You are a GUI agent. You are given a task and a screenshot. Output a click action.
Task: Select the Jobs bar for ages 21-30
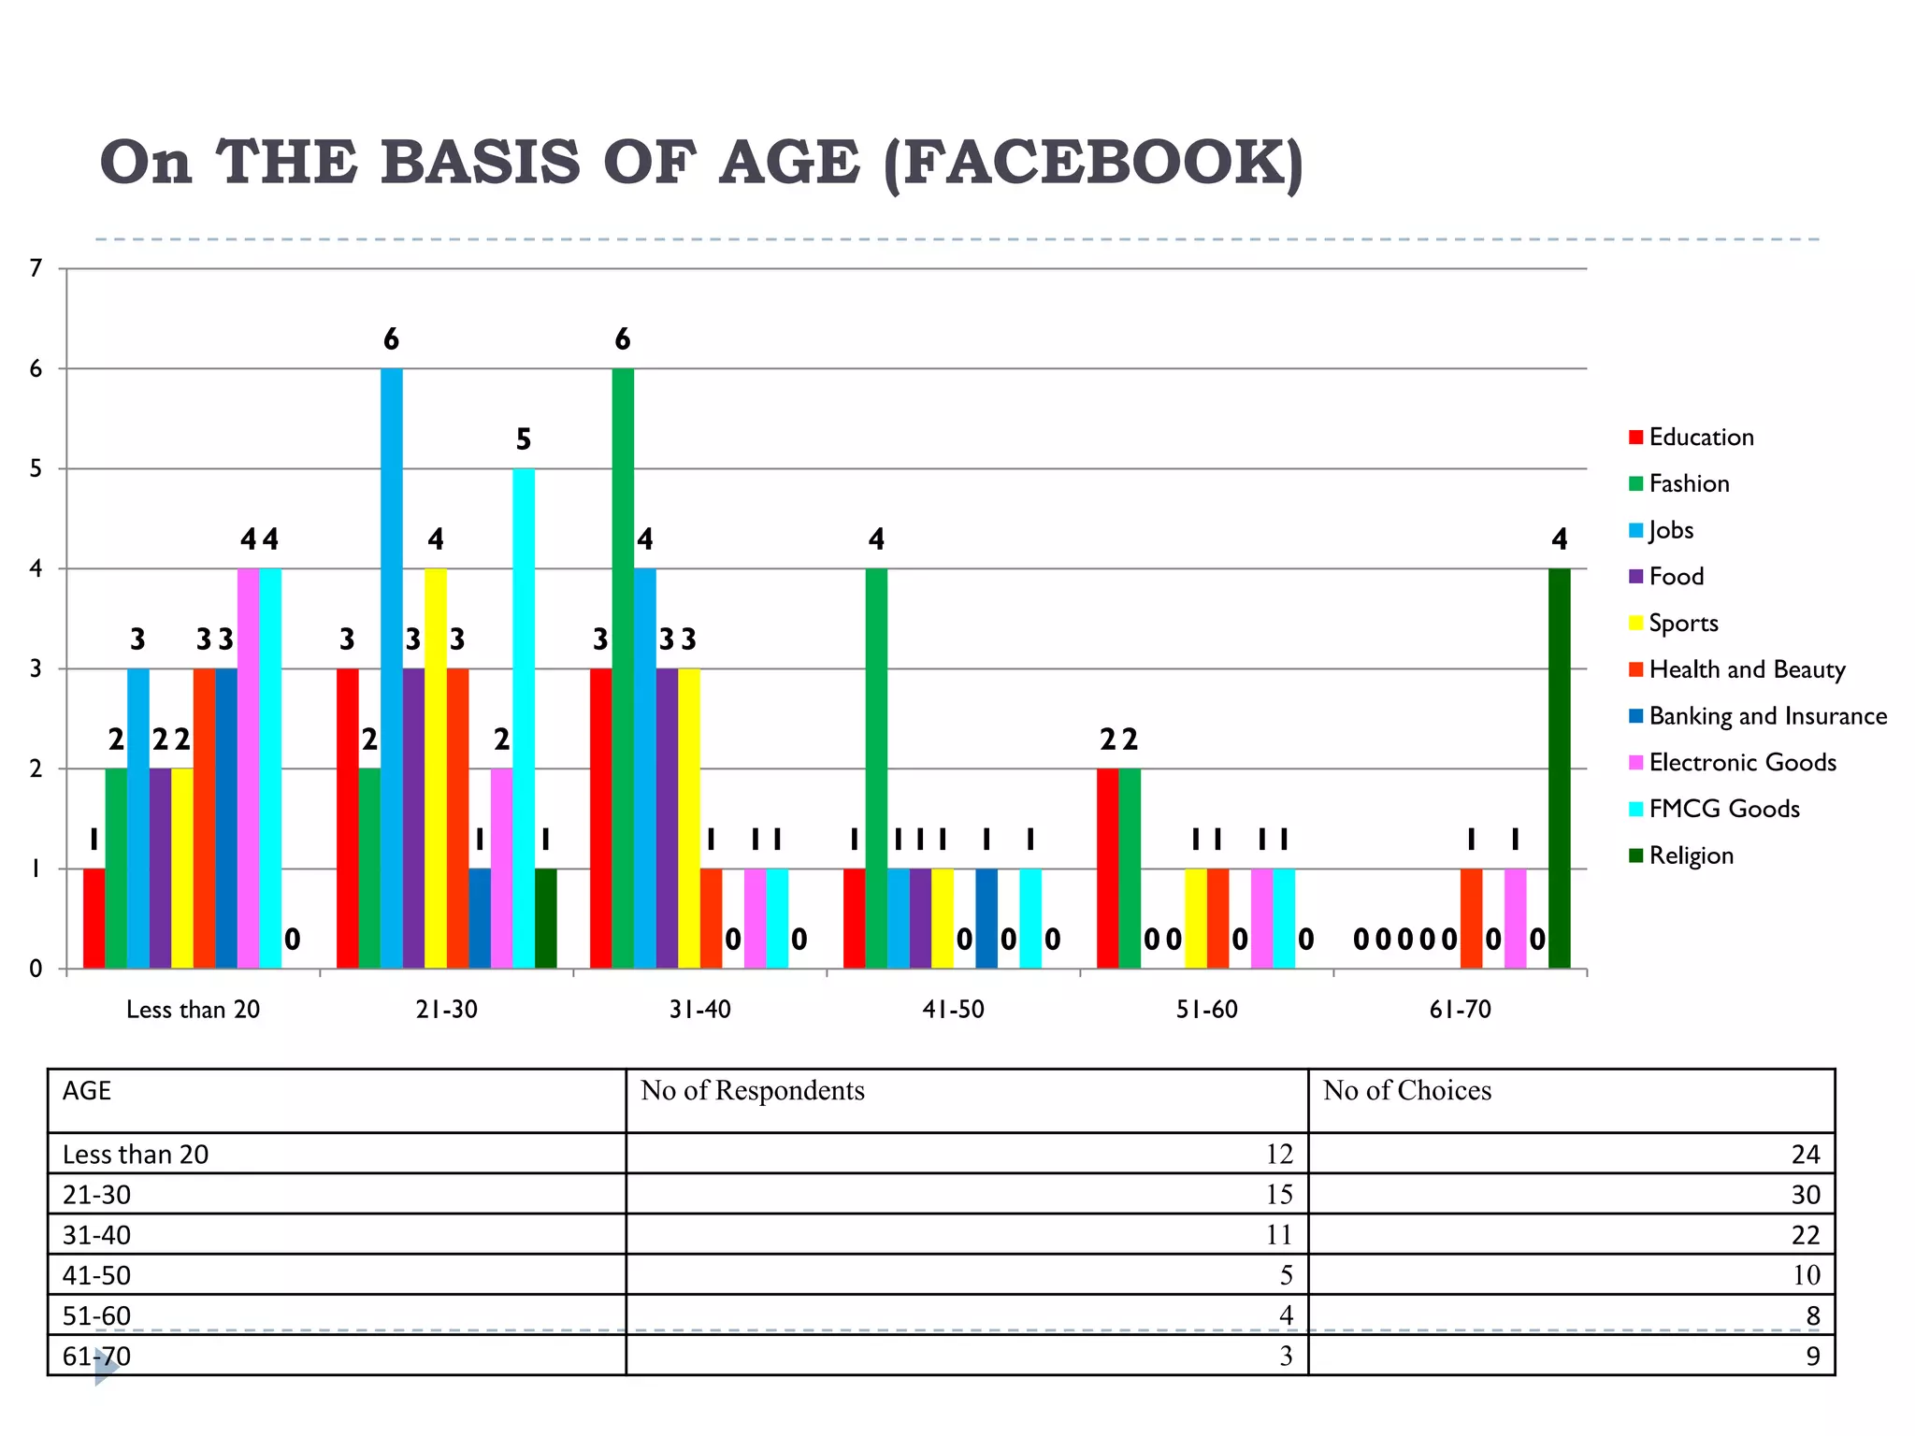[x=392, y=668]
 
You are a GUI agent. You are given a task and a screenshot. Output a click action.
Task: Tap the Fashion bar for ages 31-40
[x=623, y=668]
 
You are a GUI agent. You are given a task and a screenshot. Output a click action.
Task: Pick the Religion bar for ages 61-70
[x=1559, y=768]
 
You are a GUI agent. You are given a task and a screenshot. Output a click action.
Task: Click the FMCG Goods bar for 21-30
[x=524, y=718]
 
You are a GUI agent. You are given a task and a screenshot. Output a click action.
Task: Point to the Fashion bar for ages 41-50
[x=876, y=768]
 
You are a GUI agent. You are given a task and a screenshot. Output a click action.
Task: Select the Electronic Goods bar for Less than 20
[x=248, y=768]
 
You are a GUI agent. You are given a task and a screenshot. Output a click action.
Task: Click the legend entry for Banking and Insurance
[x=1766, y=716]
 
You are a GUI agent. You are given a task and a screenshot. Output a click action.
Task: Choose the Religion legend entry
[x=1691, y=855]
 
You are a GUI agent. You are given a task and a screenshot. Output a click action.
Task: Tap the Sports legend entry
[x=1683, y=624]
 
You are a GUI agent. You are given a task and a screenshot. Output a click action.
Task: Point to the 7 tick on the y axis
[x=36, y=269]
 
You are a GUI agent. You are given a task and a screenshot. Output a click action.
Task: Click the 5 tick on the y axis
[x=36, y=469]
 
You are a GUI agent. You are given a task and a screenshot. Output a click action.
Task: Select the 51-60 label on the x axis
[x=1206, y=1010]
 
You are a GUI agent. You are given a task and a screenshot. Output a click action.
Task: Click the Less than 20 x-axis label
[x=193, y=1010]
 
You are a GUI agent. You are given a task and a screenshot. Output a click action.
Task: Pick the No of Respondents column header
[x=753, y=1091]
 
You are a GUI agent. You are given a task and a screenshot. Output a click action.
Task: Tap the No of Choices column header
[x=1406, y=1091]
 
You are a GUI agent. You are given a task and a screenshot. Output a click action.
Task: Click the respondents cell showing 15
[x=1278, y=1195]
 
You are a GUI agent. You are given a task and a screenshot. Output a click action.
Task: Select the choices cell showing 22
[x=1805, y=1236]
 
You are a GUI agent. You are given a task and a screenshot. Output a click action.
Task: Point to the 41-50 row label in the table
[x=97, y=1276]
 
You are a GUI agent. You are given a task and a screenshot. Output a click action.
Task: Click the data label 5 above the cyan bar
[x=524, y=439]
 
